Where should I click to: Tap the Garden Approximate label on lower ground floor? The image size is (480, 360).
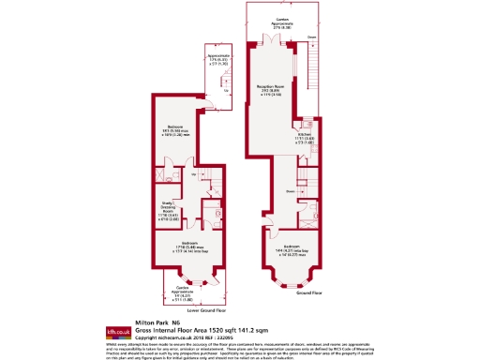tap(190, 292)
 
